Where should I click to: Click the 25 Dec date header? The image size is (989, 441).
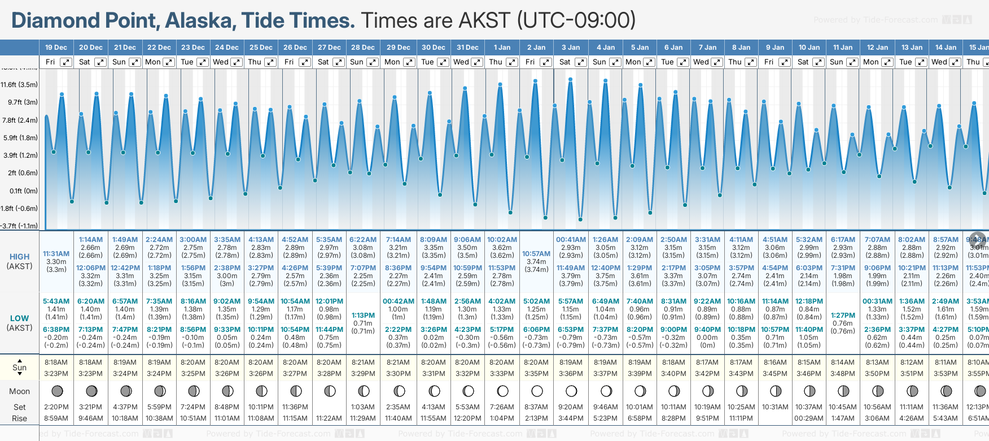click(x=261, y=47)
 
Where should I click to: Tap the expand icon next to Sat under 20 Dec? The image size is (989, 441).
click(x=100, y=62)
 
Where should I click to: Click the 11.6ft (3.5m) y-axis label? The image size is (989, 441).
click(x=19, y=85)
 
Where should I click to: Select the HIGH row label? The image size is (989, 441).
click(x=20, y=257)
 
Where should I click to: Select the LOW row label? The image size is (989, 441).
click(x=20, y=318)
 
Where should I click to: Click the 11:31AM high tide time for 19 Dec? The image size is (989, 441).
click(x=56, y=254)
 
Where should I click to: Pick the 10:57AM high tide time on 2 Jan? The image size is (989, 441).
click(x=536, y=254)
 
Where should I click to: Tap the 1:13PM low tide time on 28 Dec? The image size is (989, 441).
click(x=363, y=315)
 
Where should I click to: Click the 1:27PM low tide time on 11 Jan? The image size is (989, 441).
click(x=843, y=315)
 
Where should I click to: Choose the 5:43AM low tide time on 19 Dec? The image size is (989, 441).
click(x=56, y=301)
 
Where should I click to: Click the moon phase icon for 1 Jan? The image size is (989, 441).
click(x=502, y=391)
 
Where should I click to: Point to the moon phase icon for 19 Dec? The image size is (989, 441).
click(x=57, y=391)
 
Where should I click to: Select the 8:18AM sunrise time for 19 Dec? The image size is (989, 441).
click(x=56, y=362)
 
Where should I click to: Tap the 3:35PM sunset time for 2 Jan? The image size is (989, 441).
click(x=536, y=374)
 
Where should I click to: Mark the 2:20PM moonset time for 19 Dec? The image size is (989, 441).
click(x=56, y=407)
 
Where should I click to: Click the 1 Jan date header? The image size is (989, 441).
click(x=502, y=47)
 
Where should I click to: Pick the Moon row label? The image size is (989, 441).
click(x=20, y=391)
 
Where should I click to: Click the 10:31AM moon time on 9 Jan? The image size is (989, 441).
click(x=775, y=407)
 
